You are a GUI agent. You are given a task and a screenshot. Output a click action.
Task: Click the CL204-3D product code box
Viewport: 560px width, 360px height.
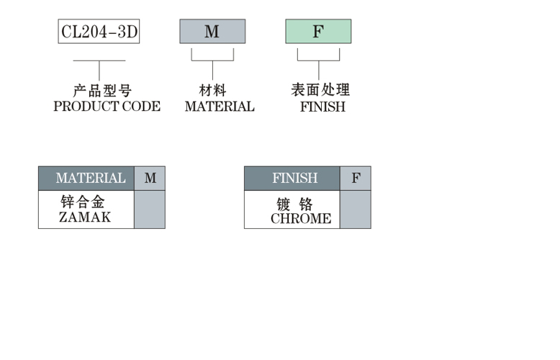99,32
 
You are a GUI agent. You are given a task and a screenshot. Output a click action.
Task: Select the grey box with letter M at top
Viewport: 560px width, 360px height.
212,32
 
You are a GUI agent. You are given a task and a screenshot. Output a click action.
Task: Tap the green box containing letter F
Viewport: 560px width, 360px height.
318,32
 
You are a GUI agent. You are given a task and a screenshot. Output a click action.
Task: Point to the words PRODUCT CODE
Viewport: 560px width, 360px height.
107,107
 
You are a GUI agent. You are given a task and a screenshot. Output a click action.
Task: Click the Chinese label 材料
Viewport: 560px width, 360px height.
212,91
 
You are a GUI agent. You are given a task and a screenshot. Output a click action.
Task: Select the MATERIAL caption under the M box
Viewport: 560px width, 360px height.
220,107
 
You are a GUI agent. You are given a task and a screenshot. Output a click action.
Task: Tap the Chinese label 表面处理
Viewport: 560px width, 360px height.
320,91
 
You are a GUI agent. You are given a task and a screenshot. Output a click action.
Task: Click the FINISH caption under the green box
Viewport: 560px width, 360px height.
322,107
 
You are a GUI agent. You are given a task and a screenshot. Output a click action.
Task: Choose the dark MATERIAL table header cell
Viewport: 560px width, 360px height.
86,179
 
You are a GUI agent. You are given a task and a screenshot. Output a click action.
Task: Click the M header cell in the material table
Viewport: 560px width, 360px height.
150,179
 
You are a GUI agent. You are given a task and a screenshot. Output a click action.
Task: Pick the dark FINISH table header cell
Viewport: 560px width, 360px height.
292,179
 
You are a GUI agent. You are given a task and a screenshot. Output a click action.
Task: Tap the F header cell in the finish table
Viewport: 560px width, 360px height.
356,179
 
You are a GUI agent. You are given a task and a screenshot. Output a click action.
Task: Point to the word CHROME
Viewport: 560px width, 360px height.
301,219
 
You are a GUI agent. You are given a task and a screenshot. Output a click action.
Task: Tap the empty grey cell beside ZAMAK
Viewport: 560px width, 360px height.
150,210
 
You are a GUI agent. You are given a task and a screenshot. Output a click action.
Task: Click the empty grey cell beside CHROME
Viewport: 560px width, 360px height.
356,210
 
